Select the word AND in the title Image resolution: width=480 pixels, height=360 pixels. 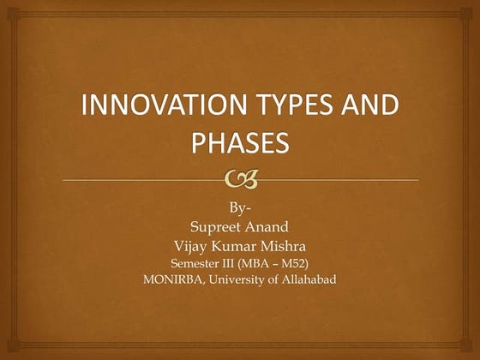click(376, 109)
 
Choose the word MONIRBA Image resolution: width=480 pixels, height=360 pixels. click(173, 278)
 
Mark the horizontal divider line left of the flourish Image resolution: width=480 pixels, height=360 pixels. click(137, 179)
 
